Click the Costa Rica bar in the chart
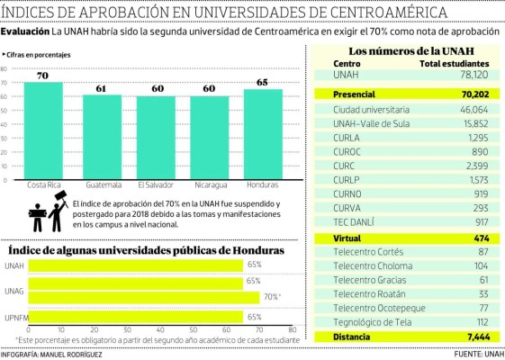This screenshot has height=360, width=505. pos(43,130)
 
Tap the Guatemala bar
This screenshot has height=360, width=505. pos(102,136)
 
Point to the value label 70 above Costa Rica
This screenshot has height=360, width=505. pos(43,76)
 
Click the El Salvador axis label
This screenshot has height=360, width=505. pos(155,185)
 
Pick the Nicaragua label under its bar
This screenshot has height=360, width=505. pos(210,185)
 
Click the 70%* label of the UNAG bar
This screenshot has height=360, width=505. pos(272,296)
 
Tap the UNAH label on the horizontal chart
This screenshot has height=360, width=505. pos(14,265)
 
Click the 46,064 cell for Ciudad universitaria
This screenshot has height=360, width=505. pos(472,107)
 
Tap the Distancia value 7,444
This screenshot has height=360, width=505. pos(473,337)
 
